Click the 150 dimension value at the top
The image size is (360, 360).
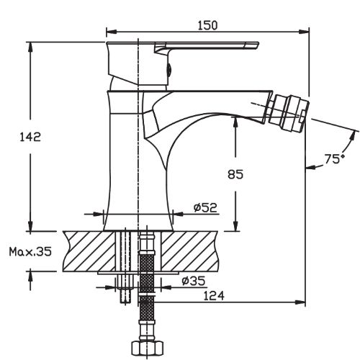[x=207, y=25]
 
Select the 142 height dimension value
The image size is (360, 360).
[x=30, y=137]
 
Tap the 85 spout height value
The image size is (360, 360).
[x=235, y=174]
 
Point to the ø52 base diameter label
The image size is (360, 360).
[x=205, y=207]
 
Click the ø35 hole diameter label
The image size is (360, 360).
[x=194, y=281]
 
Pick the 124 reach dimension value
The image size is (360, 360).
[x=214, y=296]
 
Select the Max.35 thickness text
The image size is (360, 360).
[x=30, y=252]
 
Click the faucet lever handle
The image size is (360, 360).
[x=207, y=47]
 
